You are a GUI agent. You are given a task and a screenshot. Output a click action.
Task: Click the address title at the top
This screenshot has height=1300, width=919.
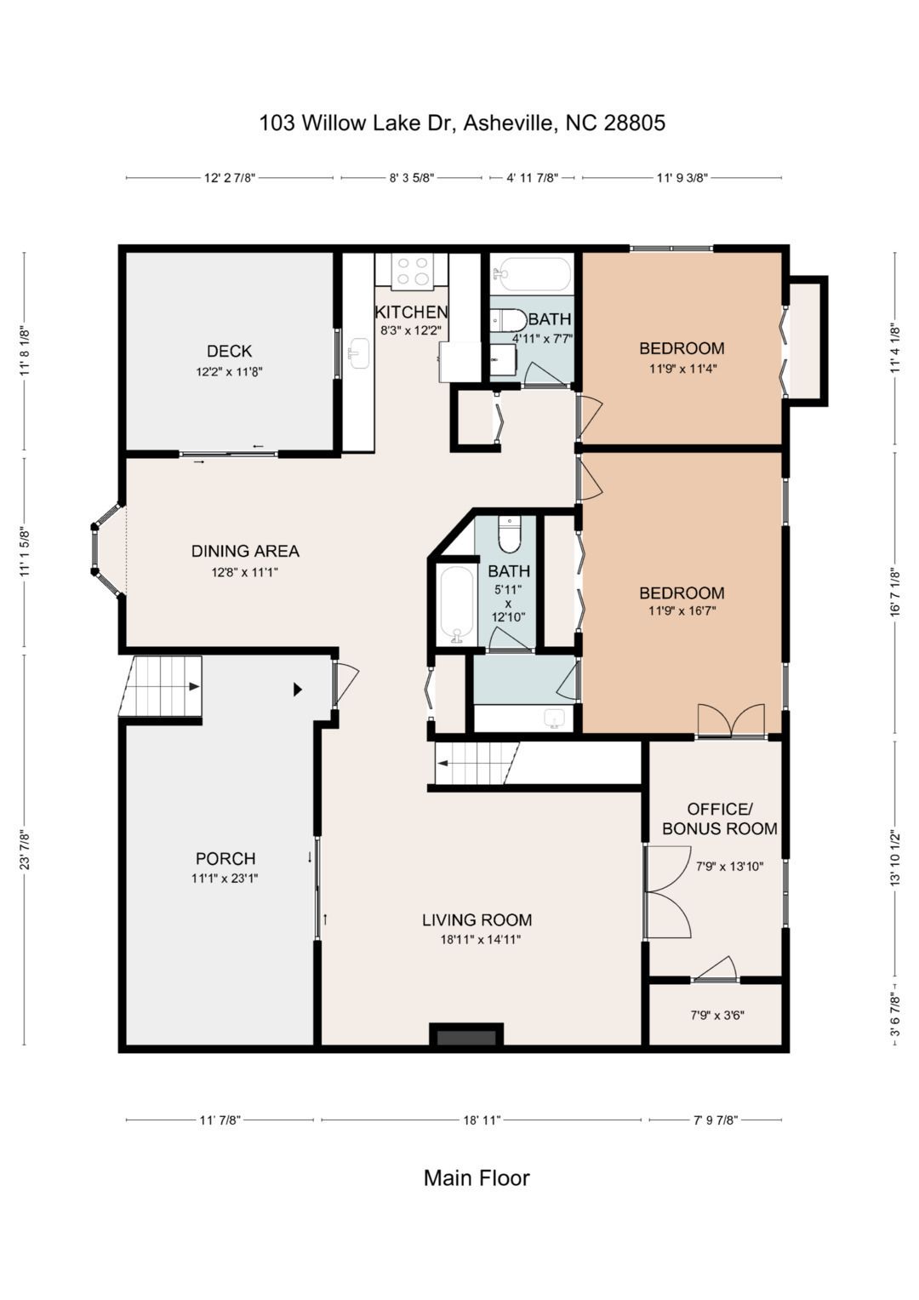(x=462, y=123)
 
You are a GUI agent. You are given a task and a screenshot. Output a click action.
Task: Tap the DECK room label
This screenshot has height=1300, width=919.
(x=230, y=351)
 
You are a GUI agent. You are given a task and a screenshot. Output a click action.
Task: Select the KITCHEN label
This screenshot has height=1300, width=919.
(x=411, y=312)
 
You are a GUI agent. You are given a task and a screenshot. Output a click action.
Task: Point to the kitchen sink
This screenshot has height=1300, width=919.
(x=360, y=354)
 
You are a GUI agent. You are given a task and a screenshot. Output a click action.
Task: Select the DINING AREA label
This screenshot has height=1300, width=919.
(x=245, y=551)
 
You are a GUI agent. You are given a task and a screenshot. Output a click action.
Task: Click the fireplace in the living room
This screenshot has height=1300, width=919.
(x=466, y=1037)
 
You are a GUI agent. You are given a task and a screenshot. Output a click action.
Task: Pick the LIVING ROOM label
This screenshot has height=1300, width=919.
(x=477, y=919)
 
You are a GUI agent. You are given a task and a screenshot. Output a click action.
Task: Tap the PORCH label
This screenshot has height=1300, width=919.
(x=225, y=858)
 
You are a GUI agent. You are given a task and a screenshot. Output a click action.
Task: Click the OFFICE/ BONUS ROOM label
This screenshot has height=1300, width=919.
(x=719, y=818)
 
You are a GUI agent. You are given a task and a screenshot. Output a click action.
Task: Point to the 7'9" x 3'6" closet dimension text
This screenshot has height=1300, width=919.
(x=717, y=1015)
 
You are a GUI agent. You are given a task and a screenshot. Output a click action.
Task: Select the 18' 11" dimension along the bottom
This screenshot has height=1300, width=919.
(x=482, y=1120)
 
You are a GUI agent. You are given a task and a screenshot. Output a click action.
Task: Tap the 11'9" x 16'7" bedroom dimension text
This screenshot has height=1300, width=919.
(x=682, y=610)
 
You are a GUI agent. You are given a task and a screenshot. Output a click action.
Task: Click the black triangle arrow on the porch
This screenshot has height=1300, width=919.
(x=298, y=690)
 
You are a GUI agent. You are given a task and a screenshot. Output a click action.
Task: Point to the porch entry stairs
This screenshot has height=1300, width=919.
(x=160, y=686)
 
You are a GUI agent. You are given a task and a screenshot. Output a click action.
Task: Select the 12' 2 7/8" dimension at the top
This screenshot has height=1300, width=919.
(x=230, y=178)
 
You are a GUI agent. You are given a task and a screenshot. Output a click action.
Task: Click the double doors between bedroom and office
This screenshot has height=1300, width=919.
(x=731, y=720)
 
